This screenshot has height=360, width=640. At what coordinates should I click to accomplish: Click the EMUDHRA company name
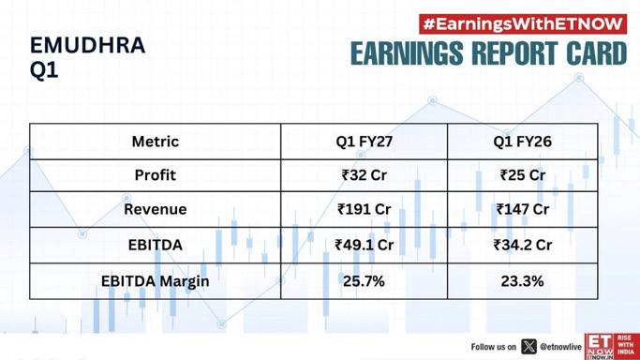[88, 45]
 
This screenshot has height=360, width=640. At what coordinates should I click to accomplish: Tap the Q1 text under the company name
[44, 70]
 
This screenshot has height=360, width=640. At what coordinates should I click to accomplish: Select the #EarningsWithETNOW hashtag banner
[523, 24]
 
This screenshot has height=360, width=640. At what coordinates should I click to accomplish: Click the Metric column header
[156, 142]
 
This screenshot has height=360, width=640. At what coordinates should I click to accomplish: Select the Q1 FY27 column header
[365, 142]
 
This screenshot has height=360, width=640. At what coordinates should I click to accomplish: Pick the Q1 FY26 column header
[523, 142]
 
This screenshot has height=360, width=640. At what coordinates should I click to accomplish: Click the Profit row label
[156, 175]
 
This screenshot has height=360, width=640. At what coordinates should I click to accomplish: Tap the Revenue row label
[156, 209]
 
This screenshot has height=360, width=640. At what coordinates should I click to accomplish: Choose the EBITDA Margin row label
[156, 281]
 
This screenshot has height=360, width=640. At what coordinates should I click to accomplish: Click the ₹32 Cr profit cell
[365, 175]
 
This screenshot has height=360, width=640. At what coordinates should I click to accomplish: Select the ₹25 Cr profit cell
[523, 175]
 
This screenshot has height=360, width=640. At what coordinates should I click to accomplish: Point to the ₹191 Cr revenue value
[365, 209]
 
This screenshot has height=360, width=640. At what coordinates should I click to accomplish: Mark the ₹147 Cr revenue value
[523, 209]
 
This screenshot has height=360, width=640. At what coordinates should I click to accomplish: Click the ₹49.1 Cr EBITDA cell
[365, 245]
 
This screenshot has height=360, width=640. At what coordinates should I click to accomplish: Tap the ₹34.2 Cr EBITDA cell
[523, 245]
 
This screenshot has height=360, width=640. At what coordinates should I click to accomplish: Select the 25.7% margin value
[364, 281]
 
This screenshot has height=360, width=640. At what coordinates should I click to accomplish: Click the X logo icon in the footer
[528, 347]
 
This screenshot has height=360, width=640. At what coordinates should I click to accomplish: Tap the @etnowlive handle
[560, 347]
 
